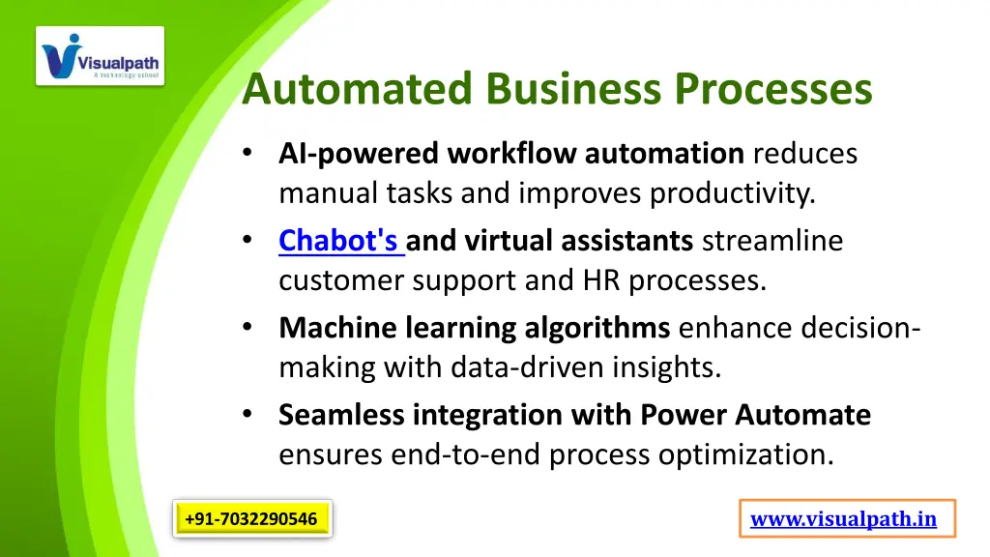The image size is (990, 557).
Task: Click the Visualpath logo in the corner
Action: click(101, 55)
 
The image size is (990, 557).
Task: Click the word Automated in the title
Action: click(358, 90)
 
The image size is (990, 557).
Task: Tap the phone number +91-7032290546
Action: click(251, 519)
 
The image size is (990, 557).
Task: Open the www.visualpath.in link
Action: click(843, 519)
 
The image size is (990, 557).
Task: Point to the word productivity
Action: click(732, 194)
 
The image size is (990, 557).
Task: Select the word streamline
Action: click(772, 240)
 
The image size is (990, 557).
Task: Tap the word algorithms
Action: click(597, 328)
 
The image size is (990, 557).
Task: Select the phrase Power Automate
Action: click(755, 415)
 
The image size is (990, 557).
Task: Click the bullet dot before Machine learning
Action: click(248, 328)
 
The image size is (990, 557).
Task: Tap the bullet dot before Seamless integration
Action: click(248, 415)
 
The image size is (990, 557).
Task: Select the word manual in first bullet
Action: click(317, 194)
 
